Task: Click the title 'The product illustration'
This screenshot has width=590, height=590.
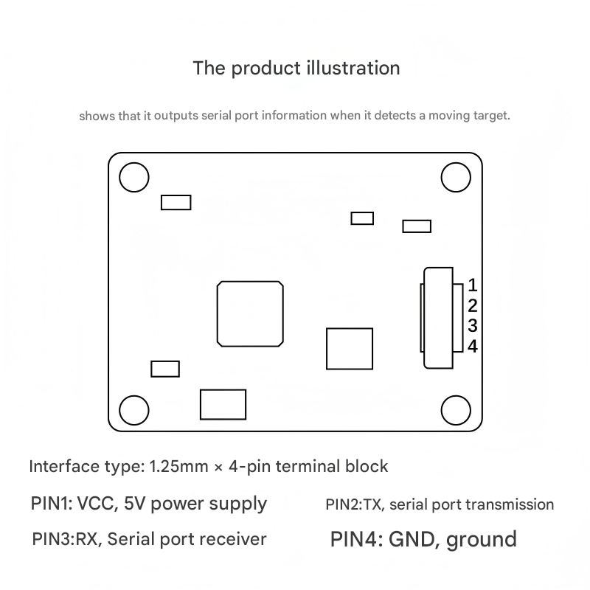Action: (296, 69)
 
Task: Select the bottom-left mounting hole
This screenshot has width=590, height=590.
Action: (134, 409)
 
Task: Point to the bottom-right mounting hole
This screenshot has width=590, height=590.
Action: (455, 409)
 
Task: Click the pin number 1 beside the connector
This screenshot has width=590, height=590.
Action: (473, 285)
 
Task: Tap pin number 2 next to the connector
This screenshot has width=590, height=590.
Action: (473, 305)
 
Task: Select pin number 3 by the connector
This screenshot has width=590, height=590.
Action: (473, 325)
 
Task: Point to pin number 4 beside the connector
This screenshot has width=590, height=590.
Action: (473, 346)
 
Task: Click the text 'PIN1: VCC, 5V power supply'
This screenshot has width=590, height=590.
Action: (149, 504)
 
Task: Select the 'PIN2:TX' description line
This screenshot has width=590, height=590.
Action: (440, 505)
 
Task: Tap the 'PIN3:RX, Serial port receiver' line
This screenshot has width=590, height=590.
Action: (149, 539)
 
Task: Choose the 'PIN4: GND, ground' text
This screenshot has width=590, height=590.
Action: (423, 539)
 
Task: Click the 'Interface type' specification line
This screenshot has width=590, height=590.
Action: (209, 466)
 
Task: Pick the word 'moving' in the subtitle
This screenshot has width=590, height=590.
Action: (447, 116)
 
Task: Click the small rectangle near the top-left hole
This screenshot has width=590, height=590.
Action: (176, 202)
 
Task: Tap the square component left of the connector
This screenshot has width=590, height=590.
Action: (349, 349)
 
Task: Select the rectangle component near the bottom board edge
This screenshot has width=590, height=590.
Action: (223, 404)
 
